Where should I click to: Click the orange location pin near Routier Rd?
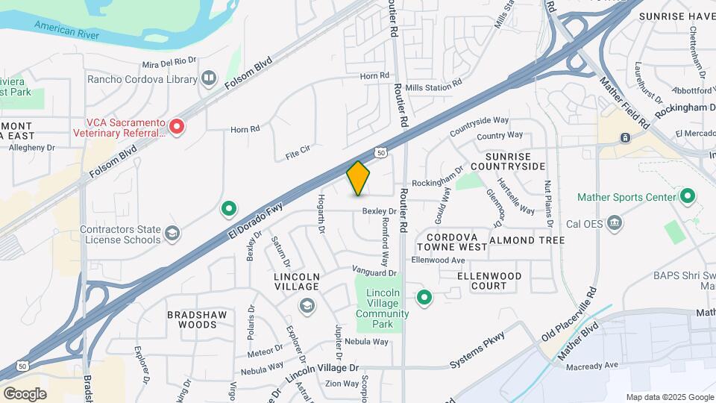tap(359, 178)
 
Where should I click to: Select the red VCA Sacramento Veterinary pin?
tap(177, 127)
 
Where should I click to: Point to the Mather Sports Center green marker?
tap(688, 197)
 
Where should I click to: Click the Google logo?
tap(25, 393)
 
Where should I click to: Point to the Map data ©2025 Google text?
tap(669, 397)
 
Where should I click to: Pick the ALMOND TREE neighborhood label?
tap(527, 240)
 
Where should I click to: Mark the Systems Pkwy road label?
tap(478, 349)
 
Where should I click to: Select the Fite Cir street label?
tap(302, 156)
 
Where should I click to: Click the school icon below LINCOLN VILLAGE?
tap(306, 305)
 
